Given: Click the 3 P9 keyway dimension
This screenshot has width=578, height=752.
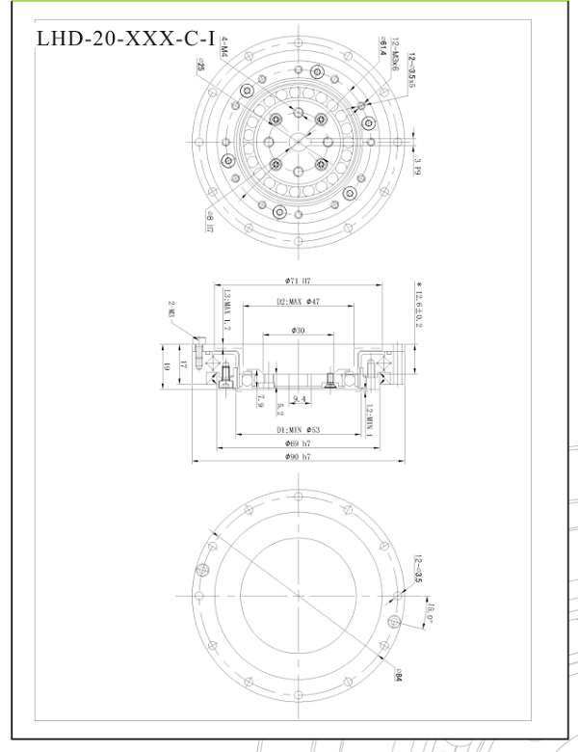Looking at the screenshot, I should [417, 166].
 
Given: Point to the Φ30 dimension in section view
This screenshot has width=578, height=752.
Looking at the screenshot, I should [298, 332].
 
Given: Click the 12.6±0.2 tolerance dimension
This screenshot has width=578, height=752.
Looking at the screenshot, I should [419, 307].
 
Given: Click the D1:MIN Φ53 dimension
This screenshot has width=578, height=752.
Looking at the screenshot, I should [298, 428].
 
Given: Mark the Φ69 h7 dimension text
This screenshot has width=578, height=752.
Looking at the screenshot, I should [298, 443].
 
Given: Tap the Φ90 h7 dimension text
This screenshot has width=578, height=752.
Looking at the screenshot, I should [298, 456].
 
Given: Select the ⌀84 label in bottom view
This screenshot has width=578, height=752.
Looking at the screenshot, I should [396, 675].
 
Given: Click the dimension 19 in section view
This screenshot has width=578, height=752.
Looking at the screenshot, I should [167, 366].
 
